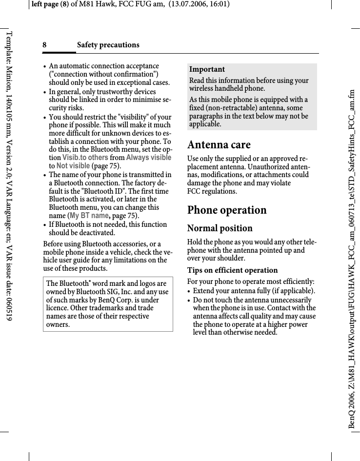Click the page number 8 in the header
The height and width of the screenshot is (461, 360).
pyautogui.click(x=44, y=45)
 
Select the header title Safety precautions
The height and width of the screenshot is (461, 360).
pyautogui.click(x=108, y=45)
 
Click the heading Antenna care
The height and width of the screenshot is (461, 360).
pyautogui.click(x=219, y=145)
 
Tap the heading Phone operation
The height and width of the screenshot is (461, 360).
pyautogui.click(x=227, y=210)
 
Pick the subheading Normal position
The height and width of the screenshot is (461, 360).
pyautogui.click(x=220, y=228)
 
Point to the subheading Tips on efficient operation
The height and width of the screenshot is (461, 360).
pyautogui.click(x=233, y=270)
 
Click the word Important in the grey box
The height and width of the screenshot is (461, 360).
pyautogui.click(x=207, y=69)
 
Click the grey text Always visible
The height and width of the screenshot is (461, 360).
pyautogui.click(x=149, y=158)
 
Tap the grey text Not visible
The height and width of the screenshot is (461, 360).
pyautogui.click(x=73, y=166)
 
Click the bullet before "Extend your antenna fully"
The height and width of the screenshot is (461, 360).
pyautogui.click(x=189, y=292)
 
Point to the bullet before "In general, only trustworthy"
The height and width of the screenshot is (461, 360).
pyautogui.click(x=45, y=92)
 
